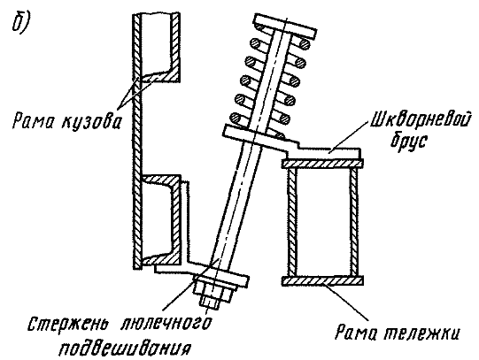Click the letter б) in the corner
coord(21,24)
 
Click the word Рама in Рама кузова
coord(34,120)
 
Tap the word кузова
coord(92,121)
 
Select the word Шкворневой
coord(420,119)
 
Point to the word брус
coord(409,140)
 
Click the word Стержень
coord(68,324)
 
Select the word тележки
coord(421,333)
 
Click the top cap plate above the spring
coord(285,26)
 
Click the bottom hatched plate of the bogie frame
coord(322,280)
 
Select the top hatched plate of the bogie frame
coord(322,164)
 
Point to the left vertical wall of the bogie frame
coord(292,222)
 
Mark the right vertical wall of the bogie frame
coord(354,222)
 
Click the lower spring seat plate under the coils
coord(259,137)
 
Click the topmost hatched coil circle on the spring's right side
coord(304,44)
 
